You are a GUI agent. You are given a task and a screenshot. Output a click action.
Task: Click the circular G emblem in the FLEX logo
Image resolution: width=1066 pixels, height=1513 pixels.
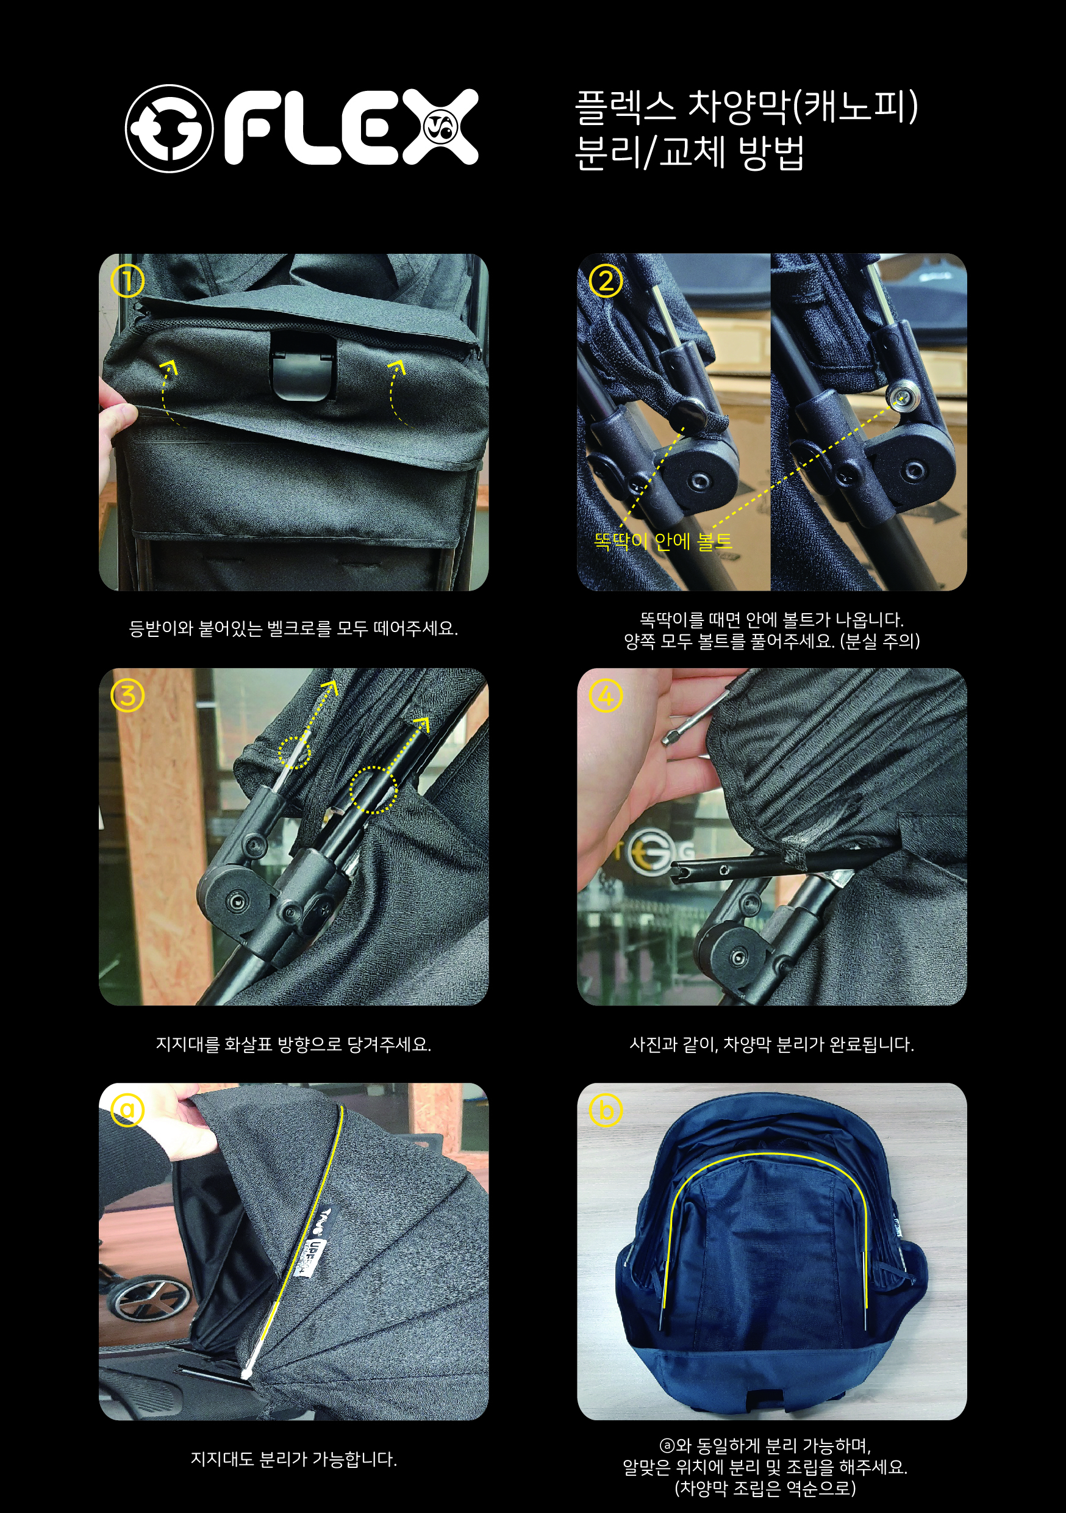170,129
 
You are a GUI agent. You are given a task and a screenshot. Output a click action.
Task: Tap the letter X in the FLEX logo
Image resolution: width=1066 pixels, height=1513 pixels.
441,126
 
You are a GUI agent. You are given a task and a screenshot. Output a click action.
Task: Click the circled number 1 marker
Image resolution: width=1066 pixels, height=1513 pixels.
127,281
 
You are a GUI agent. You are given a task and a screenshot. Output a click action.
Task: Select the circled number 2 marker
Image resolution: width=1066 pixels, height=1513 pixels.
606,281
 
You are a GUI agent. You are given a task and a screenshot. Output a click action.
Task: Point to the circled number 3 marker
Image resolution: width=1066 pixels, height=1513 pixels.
127,696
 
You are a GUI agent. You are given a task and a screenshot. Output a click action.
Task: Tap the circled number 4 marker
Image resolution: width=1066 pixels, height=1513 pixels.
606,696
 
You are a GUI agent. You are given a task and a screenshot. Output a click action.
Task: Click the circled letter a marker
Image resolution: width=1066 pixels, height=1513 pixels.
127,1110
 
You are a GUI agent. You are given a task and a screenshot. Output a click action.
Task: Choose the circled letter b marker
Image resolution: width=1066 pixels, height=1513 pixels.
606,1110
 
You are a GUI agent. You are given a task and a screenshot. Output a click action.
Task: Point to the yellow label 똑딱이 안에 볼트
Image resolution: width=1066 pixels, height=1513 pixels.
663,542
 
